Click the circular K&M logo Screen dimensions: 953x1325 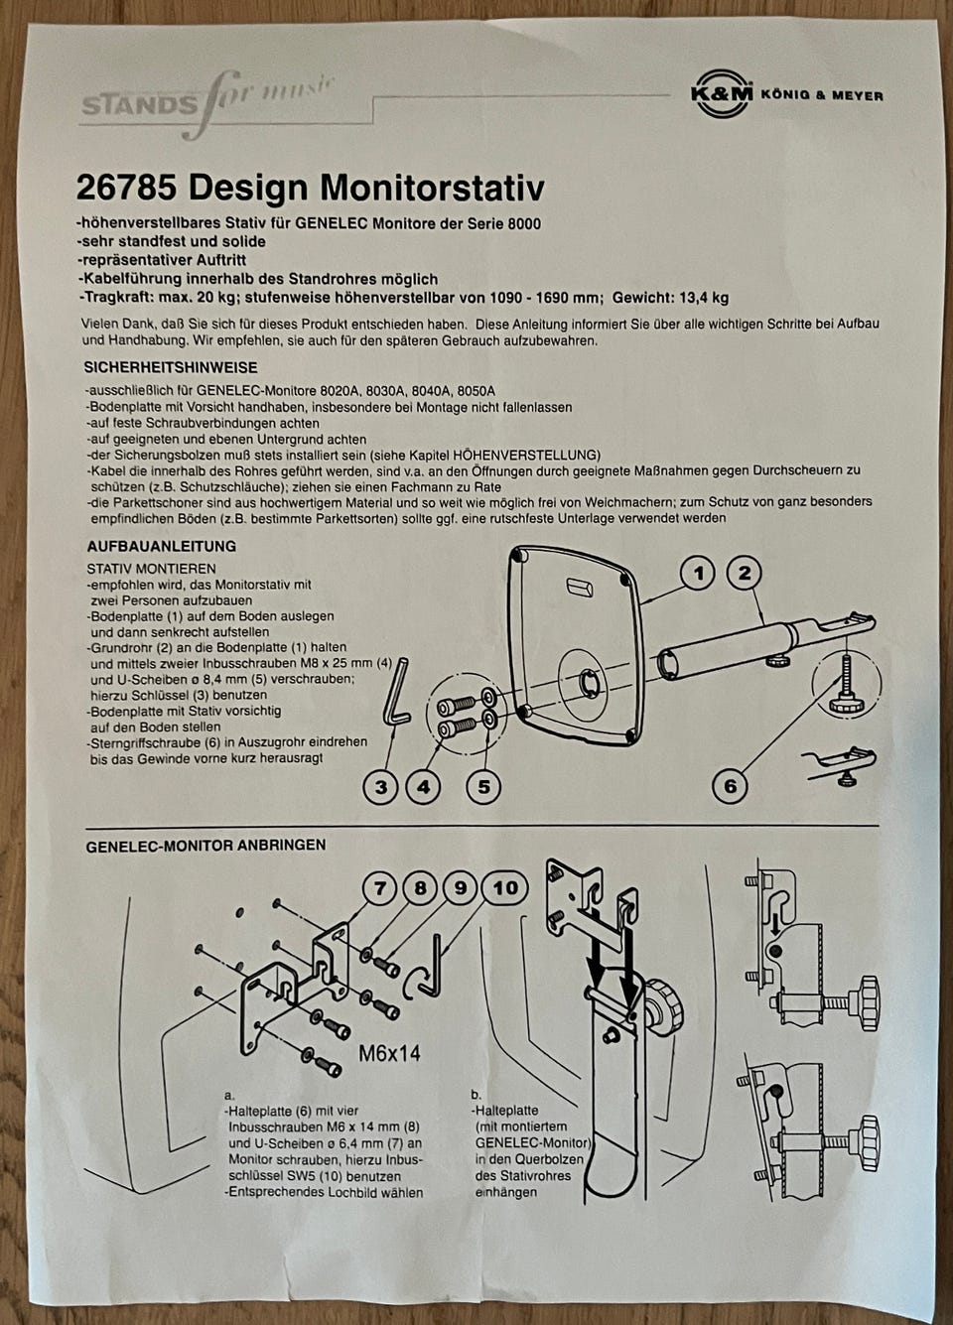click(722, 93)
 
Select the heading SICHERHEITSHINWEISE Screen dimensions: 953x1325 click(171, 367)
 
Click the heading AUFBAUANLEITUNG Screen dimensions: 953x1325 click(162, 546)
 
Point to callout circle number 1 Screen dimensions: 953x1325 click(698, 574)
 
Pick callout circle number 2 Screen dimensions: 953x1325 click(744, 573)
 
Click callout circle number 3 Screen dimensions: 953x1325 click(381, 787)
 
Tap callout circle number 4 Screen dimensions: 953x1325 click(424, 787)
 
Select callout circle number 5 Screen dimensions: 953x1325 click(483, 787)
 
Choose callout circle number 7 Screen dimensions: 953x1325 click(380, 888)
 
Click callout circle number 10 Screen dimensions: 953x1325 click(504, 888)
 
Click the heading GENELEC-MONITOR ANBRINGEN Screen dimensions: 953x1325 click(205, 846)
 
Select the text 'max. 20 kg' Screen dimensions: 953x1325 click(193, 297)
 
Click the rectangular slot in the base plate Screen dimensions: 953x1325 click(578, 587)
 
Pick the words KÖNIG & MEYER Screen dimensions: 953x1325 click(822, 94)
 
